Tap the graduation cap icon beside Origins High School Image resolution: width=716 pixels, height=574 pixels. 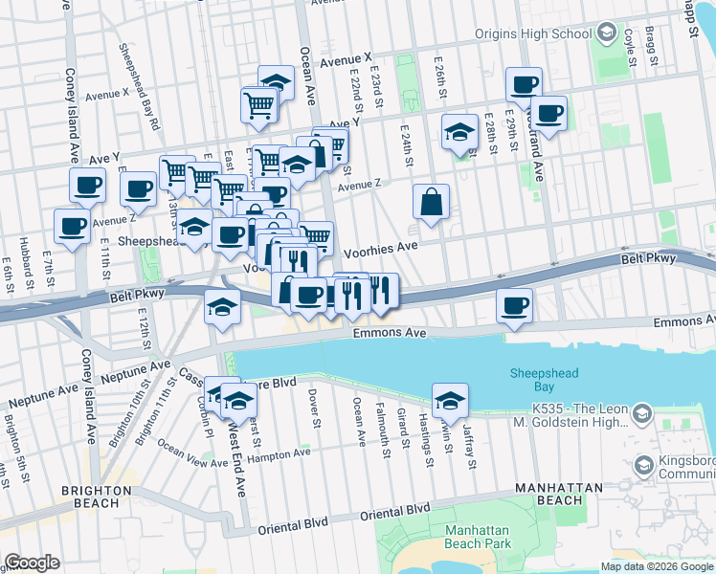coord(606,34)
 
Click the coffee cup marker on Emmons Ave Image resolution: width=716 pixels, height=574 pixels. coord(515,306)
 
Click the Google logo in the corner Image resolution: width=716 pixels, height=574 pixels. coord(32,563)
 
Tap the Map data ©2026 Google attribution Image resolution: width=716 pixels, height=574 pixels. coord(657,566)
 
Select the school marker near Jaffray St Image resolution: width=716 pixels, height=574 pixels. coord(449,401)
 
